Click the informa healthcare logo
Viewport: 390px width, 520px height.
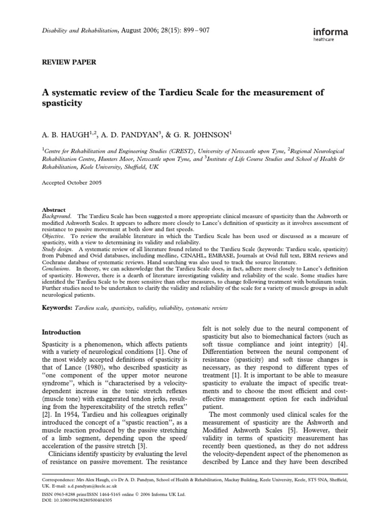click(331, 35)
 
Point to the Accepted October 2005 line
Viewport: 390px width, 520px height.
click(71, 183)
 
